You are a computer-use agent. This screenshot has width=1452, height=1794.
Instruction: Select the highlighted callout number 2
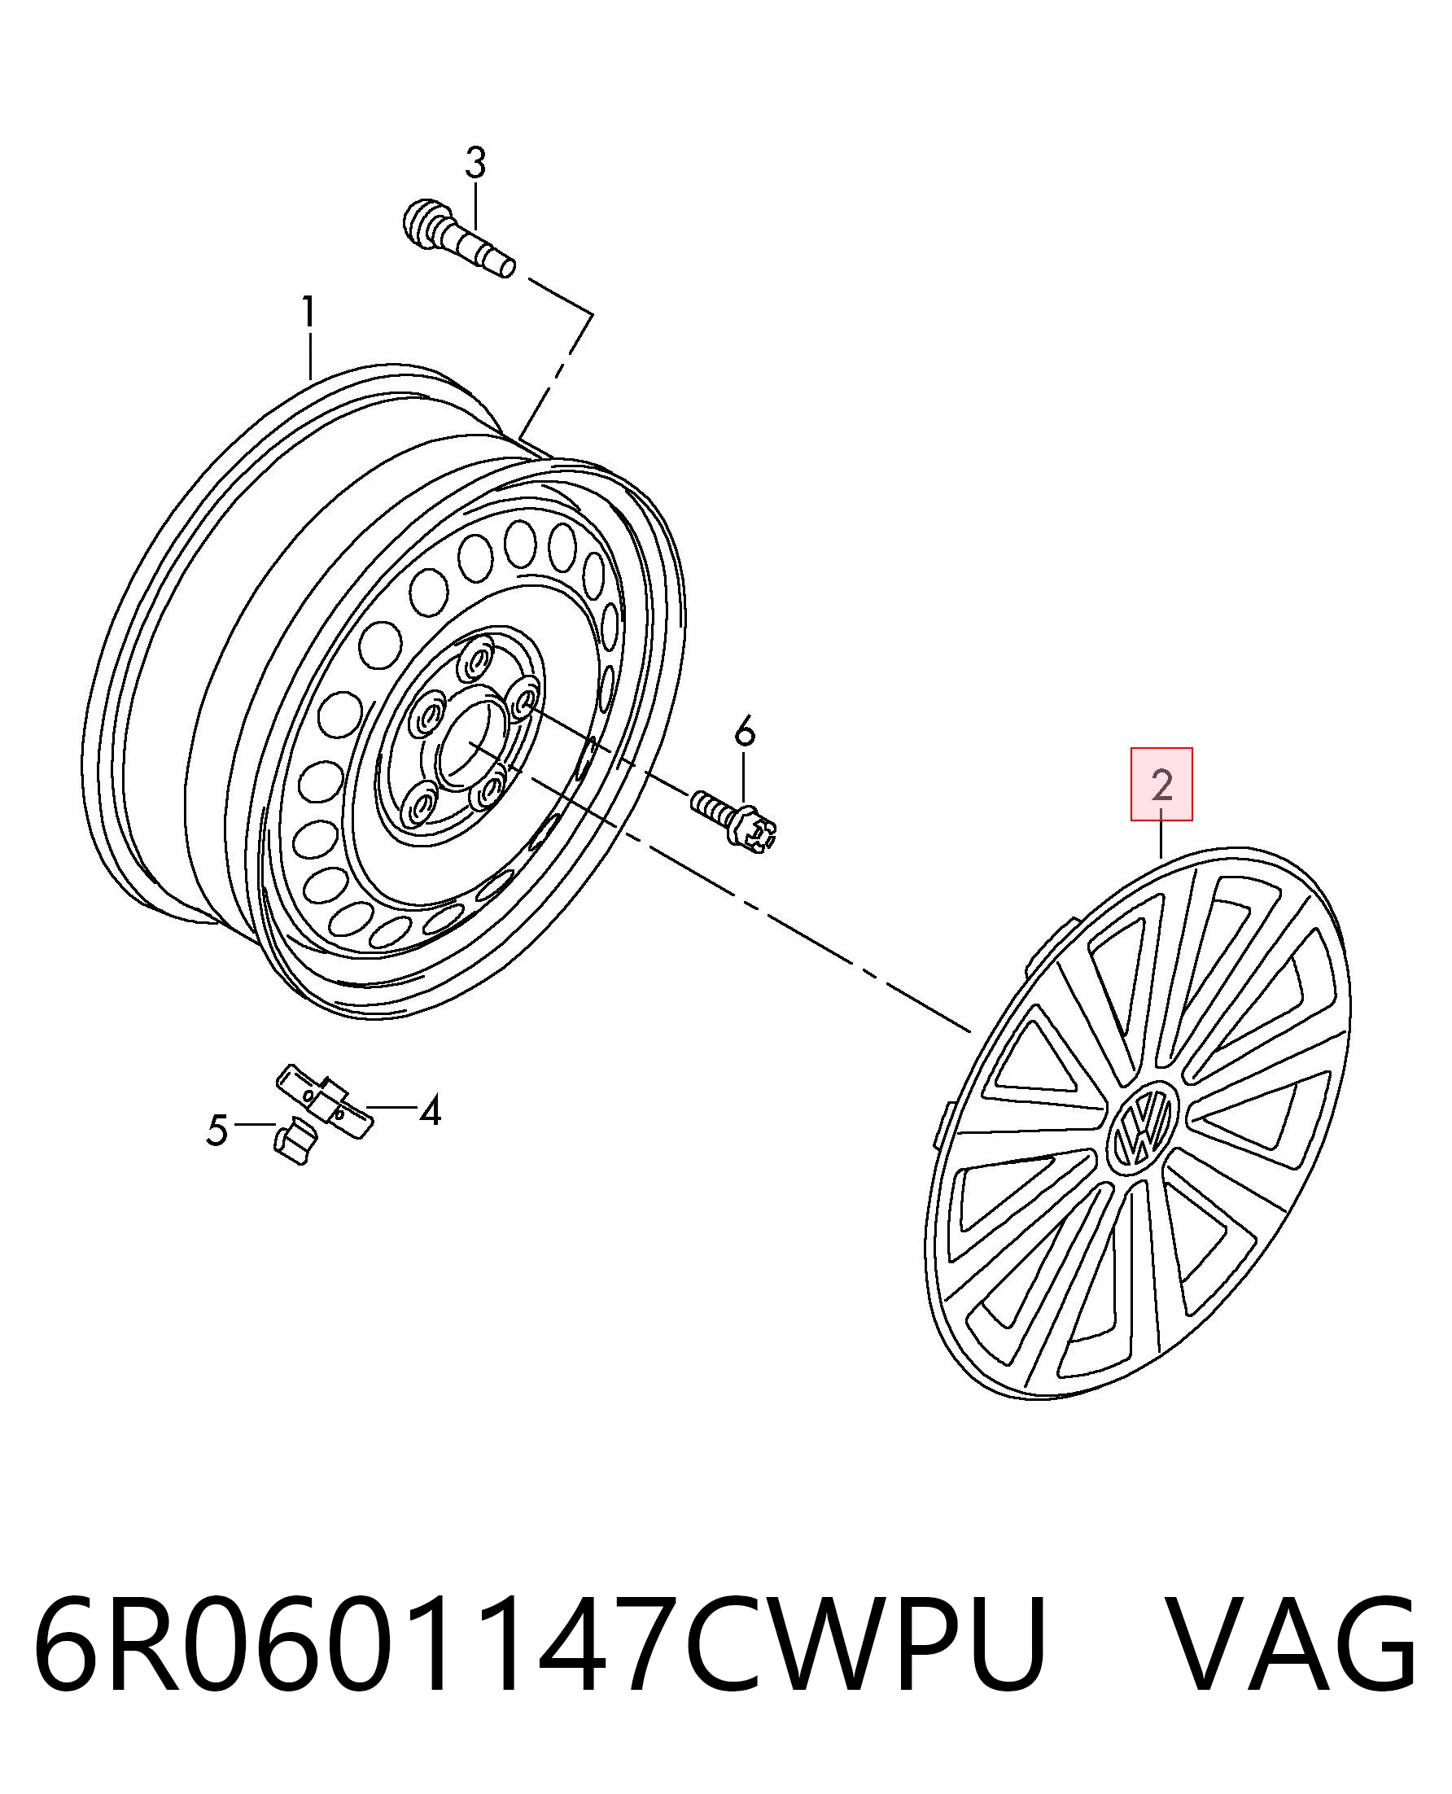click(x=1161, y=785)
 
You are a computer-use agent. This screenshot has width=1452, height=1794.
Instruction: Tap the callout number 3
click(x=475, y=163)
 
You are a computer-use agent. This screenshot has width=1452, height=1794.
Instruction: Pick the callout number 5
click(x=216, y=1131)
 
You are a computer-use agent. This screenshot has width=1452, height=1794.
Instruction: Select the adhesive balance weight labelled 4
click(x=326, y=1100)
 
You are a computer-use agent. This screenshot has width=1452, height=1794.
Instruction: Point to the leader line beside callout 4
click(x=391, y=1107)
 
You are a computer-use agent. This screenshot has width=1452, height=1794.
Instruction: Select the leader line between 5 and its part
click(x=254, y=1125)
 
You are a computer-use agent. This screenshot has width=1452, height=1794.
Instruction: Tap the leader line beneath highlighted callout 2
click(x=1161, y=839)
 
